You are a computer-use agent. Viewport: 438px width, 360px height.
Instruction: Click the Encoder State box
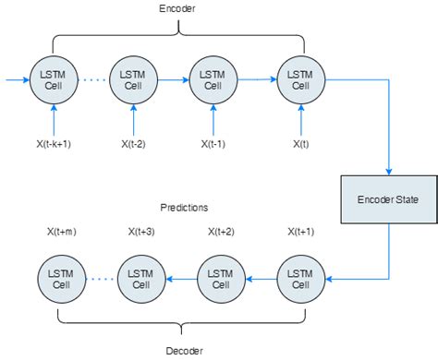point(387,199)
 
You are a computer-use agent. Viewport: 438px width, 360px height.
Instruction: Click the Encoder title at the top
point(177,9)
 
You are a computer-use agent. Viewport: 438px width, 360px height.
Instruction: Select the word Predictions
point(183,208)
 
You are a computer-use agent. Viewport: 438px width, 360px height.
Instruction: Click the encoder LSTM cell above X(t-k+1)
point(55,80)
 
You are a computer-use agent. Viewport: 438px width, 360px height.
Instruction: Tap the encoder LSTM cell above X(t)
point(301,80)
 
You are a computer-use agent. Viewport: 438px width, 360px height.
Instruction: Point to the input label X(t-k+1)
point(55,144)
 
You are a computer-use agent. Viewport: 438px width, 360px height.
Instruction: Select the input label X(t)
point(301,144)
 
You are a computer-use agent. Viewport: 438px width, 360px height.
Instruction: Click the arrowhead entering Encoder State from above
point(387,170)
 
